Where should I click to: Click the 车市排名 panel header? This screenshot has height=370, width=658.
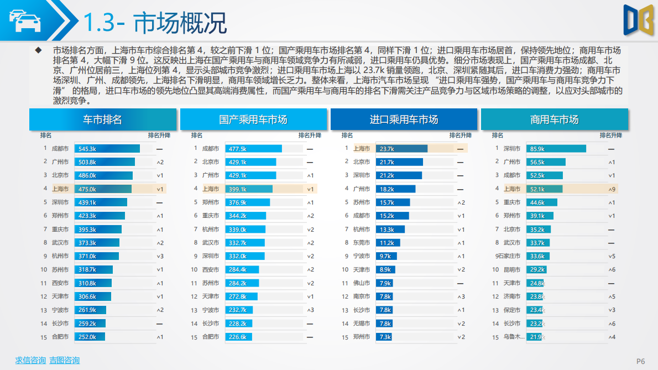[102, 119]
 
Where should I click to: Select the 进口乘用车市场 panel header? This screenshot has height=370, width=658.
[404, 119]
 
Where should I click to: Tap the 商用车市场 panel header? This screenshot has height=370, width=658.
[554, 119]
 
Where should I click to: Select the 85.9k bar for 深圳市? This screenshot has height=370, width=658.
[556, 149]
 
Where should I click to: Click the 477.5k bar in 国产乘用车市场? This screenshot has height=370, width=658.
[254, 149]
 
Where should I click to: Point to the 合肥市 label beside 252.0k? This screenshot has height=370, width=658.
[60, 337]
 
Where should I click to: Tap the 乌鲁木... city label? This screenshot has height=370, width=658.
[512, 337]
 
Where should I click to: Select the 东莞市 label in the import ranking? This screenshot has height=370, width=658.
[362, 243]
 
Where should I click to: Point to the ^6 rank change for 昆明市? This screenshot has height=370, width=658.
[612, 270]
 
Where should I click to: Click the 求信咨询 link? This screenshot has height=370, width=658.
[30, 360]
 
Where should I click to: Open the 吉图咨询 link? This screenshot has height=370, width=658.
[65, 360]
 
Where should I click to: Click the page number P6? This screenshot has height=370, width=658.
[641, 361]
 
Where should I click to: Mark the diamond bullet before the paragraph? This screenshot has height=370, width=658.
[38, 50]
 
